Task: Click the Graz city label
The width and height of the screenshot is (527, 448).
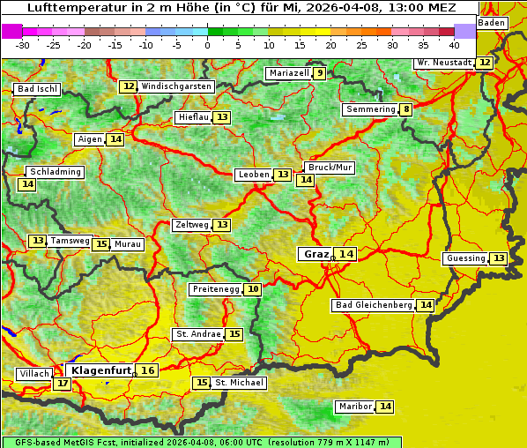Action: pyautogui.click(x=315, y=254)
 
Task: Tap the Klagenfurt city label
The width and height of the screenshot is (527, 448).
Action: pyautogui.click(x=100, y=370)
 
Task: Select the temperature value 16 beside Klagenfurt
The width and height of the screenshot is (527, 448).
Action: pyautogui.click(x=148, y=370)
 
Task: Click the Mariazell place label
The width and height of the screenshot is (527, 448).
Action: pyautogui.click(x=289, y=73)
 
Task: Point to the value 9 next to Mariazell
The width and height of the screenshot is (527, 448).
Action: pyautogui.click(x=319, y=73)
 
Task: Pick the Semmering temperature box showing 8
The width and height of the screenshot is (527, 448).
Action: pyautogui.click(x=405, y=109)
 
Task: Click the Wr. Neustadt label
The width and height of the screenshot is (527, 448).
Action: pyautogui.click(x=444, y=63)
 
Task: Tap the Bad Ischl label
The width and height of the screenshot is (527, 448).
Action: pyautogui.click(x=37, y=89)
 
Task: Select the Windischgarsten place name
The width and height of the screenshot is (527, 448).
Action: pyautogui.click(x=176, y=86)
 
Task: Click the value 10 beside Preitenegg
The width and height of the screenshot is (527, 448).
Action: pyautogui.click(x=253, y=289)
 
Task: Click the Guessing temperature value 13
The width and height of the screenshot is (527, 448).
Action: pyautogui.click(x=499, y=258)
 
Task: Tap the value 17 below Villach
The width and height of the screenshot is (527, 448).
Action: pyautogui.click(x=62, y=384)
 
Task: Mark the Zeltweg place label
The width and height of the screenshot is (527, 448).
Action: pyautogui.click(x=192, y=225)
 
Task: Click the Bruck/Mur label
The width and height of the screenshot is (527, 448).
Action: pyautogui.click(x=330, y=168)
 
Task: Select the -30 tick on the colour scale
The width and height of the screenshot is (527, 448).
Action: pyautogui.click(x=23, y=44)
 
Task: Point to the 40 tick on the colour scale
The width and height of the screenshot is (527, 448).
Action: pyautogui.click(x=454, y=44)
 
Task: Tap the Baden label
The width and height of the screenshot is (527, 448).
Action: pyautogui.click(x=493, y=23)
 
